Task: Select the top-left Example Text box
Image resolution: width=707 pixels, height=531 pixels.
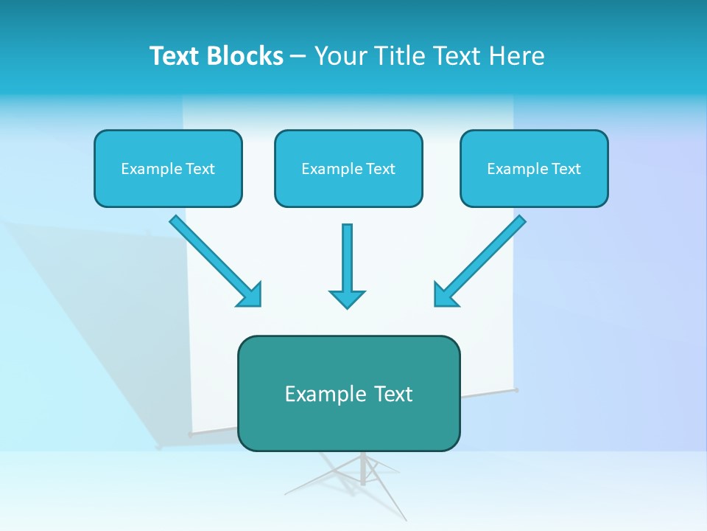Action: (168, 168)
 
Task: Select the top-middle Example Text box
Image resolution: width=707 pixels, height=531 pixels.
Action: (348, 168)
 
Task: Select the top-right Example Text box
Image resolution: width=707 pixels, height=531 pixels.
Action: (534, 168)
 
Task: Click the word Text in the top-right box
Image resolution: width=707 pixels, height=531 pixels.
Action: (566, 169)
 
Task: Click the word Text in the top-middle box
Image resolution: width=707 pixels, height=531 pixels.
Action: (380, 169)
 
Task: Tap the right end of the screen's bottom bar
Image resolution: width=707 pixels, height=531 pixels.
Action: (516, 389)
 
